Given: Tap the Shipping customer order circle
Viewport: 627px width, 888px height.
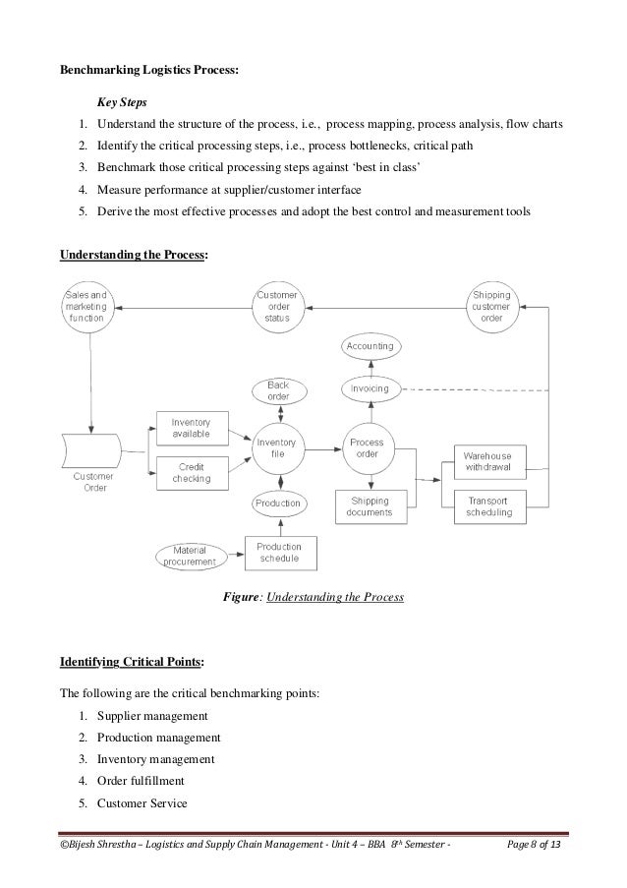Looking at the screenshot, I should tap(490, 306).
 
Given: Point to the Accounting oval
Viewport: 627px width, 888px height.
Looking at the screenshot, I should tap(370, 347).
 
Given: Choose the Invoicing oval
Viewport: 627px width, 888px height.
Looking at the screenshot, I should tap(370, 388).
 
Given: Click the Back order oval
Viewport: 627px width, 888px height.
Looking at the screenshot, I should tap(277, 390).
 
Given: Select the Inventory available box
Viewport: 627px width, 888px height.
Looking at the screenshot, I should tap(192, 429).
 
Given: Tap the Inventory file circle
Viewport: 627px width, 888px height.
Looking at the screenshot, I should tap(277, 448).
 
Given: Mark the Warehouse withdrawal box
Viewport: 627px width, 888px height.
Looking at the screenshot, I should tap(488, 461).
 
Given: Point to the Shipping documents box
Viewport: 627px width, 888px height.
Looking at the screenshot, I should tap(370, 506).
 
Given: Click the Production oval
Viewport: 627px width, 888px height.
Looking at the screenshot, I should tap(278, 503).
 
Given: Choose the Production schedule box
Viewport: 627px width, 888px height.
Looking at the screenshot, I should tap(280, 553).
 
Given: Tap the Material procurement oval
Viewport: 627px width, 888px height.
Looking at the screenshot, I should tap(196, 556).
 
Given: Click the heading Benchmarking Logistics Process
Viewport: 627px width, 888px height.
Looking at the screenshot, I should tap(149, 70).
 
